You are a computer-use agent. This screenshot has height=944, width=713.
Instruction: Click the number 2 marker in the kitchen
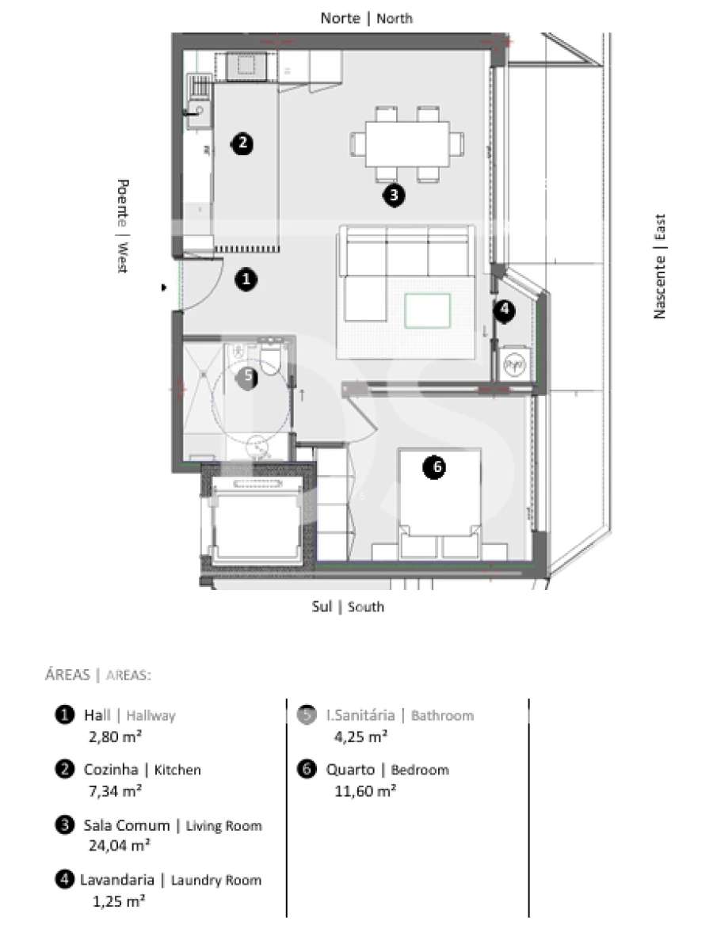click(242, 143)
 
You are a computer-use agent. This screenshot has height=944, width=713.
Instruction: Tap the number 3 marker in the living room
click(393, 195)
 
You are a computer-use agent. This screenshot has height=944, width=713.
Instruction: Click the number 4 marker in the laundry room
click(505, 311)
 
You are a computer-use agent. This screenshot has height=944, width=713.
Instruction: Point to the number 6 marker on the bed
click(434, 468)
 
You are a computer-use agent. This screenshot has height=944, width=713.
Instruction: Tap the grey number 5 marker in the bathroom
click(248, 376)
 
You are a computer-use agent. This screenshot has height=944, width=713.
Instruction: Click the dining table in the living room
click(407, 143)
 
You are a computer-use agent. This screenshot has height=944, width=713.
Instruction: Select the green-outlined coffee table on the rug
click(428, 310)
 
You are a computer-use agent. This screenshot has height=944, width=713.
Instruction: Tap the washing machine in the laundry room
click(516, 364)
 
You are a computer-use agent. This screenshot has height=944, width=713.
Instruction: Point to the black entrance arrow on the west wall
click(165, 288)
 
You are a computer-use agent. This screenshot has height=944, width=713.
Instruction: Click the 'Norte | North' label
click(366, 17)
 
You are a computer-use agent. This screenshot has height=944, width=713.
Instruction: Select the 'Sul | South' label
click(349, 607)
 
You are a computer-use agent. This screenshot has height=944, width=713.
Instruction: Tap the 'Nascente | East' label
click(659, 267)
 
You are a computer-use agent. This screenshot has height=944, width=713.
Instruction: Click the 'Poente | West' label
click(122, 226)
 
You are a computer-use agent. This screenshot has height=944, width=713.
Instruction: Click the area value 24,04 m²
click(119, 845)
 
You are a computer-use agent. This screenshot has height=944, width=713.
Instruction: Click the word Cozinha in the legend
click(111, 770)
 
